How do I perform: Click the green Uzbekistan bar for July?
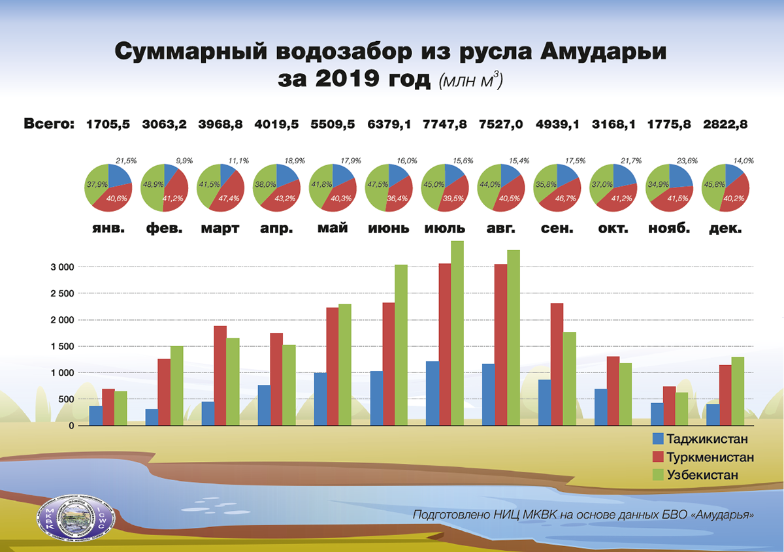pyautogui.click(x=457, y=333)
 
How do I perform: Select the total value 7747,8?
pyautogui.click(x=445, y=124)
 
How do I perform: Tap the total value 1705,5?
pyautogui.click(x=108, y=124)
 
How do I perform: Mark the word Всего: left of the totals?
pyautogui.click(x=50, y=124)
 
